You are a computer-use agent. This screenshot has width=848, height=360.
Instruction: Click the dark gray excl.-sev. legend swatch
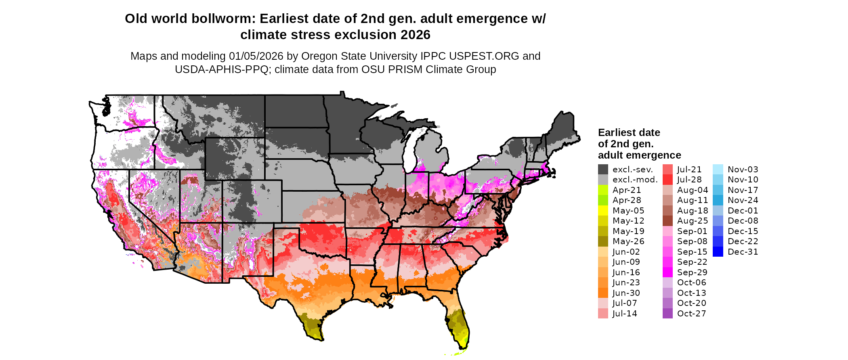tap(603, 170)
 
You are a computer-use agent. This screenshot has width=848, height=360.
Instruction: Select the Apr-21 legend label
tap(626, 190)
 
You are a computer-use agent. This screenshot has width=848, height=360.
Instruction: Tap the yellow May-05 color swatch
tap(603, 211)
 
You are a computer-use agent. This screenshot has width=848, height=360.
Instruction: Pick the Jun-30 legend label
tap(626, 293)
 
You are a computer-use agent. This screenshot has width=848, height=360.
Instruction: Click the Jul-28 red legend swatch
tap(667, 180)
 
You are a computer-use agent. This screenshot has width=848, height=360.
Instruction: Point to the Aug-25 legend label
tap(692, 221)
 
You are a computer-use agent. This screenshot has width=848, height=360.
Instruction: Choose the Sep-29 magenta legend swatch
tap(667, 272)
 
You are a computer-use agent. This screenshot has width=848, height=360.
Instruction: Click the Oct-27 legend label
tap(691, 314)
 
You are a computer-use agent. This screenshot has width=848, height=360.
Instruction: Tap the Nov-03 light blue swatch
tap(718, 170)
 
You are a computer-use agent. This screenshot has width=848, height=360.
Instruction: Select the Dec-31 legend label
tap(743, 252)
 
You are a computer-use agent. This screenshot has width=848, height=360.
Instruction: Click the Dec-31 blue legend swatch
tap(718, 252)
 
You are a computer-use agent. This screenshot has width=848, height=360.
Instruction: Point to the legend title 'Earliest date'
tap(629, 133)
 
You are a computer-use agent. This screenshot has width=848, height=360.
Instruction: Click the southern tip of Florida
tap(463, 347)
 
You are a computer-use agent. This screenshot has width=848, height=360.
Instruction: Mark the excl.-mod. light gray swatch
tap(603, 180)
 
